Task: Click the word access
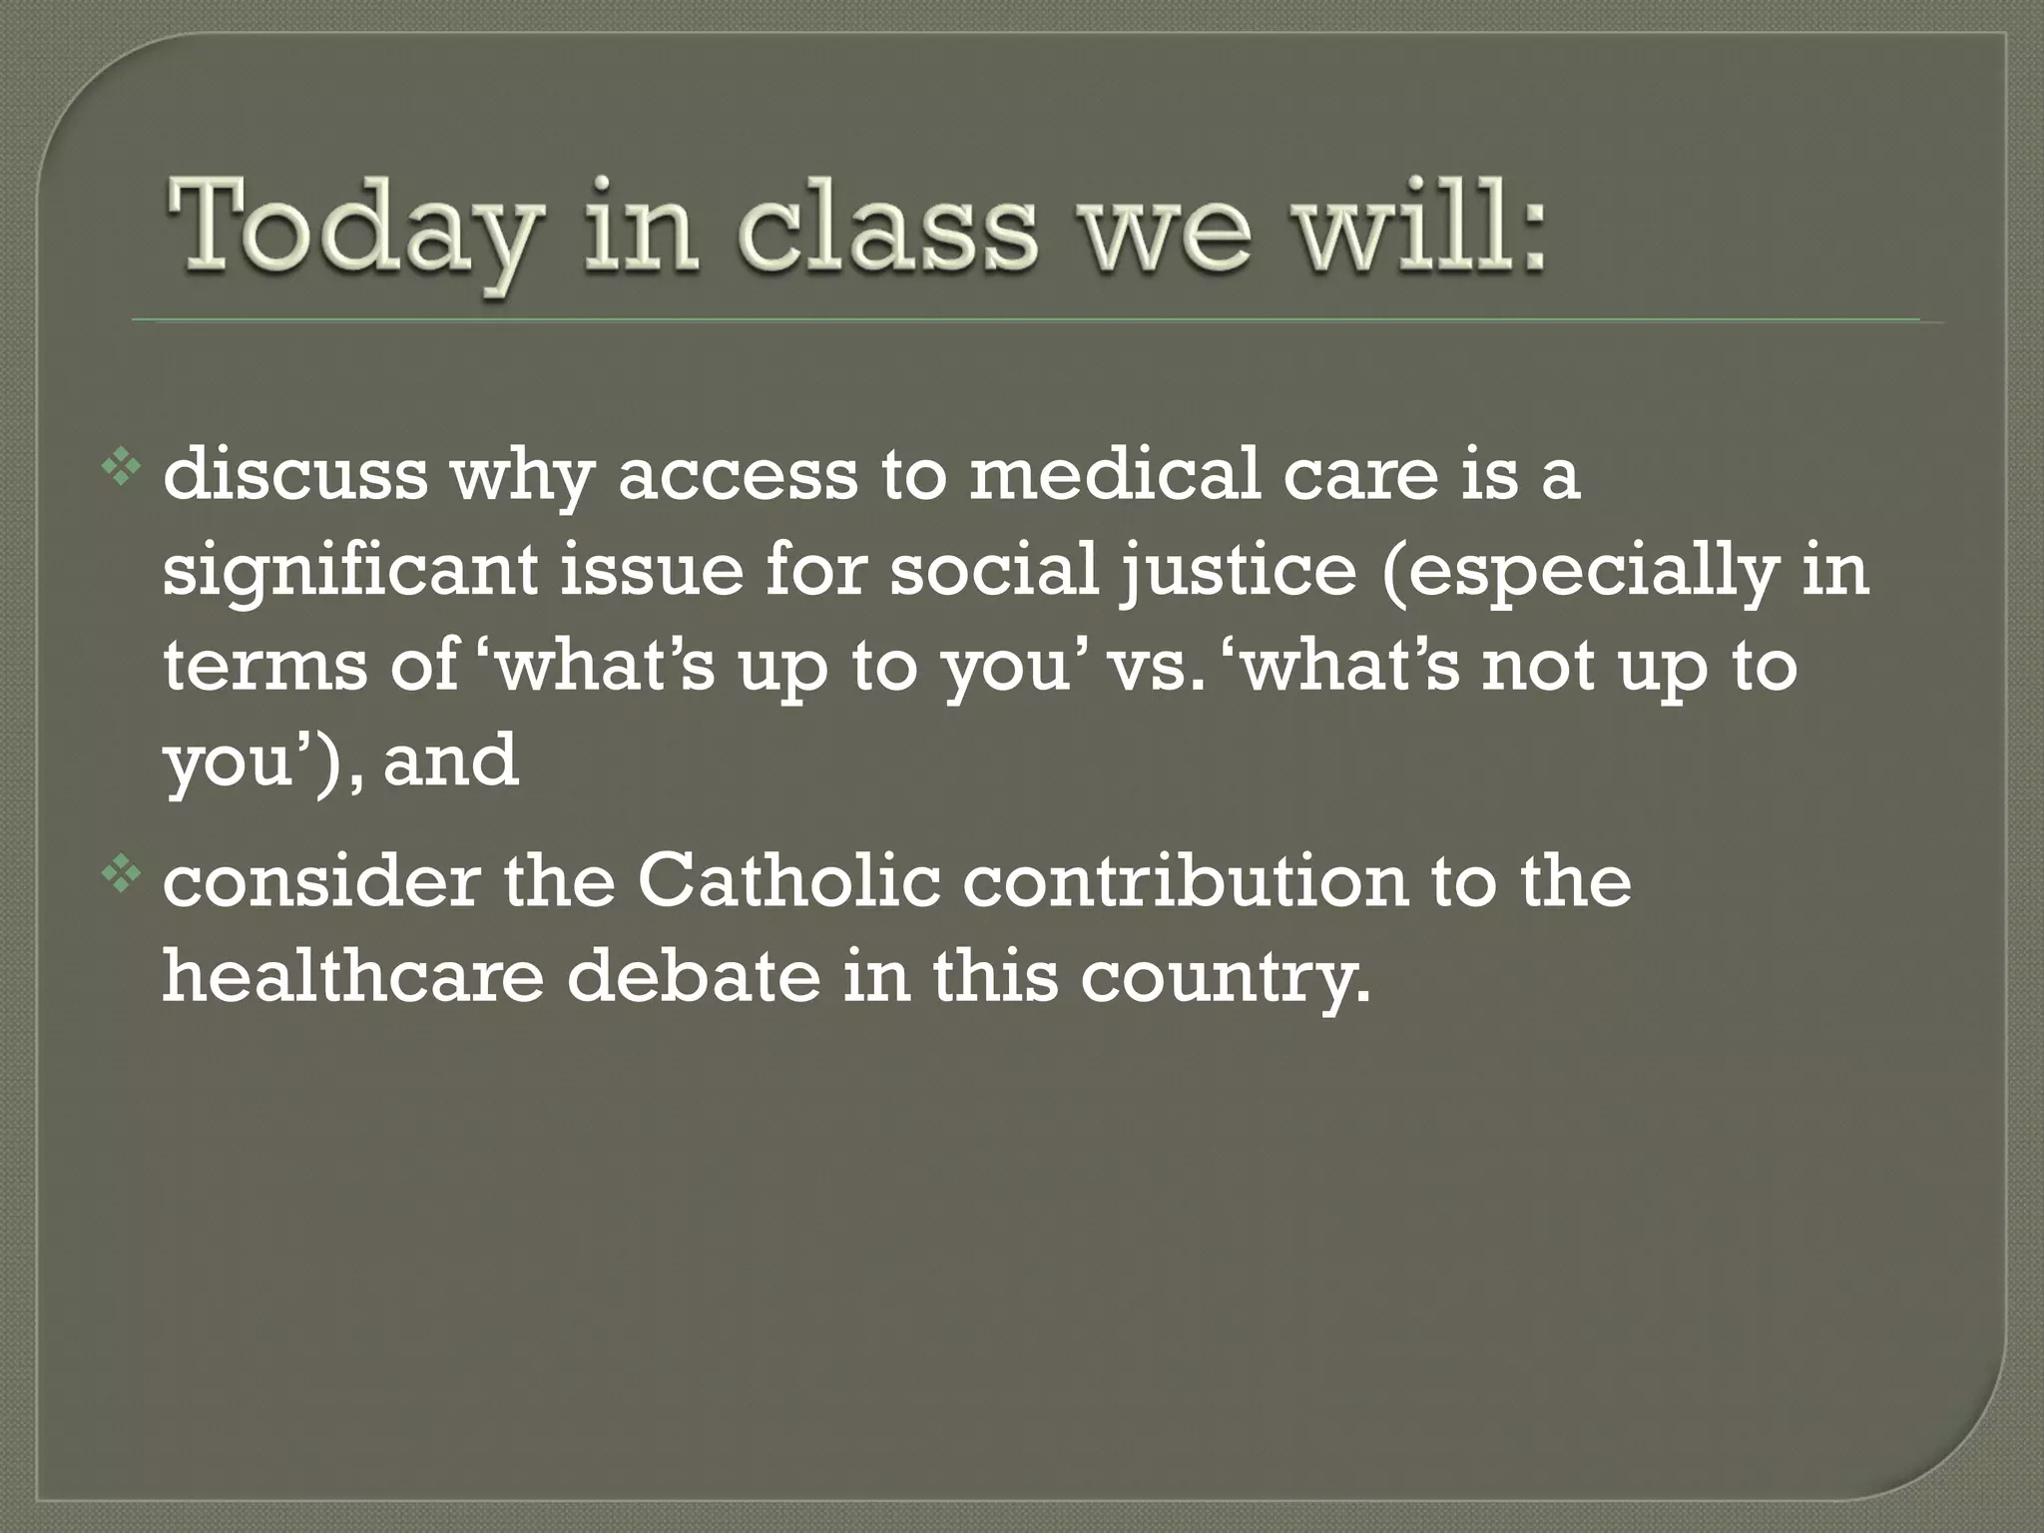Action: pyautogui.click(x=737, y=477)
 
